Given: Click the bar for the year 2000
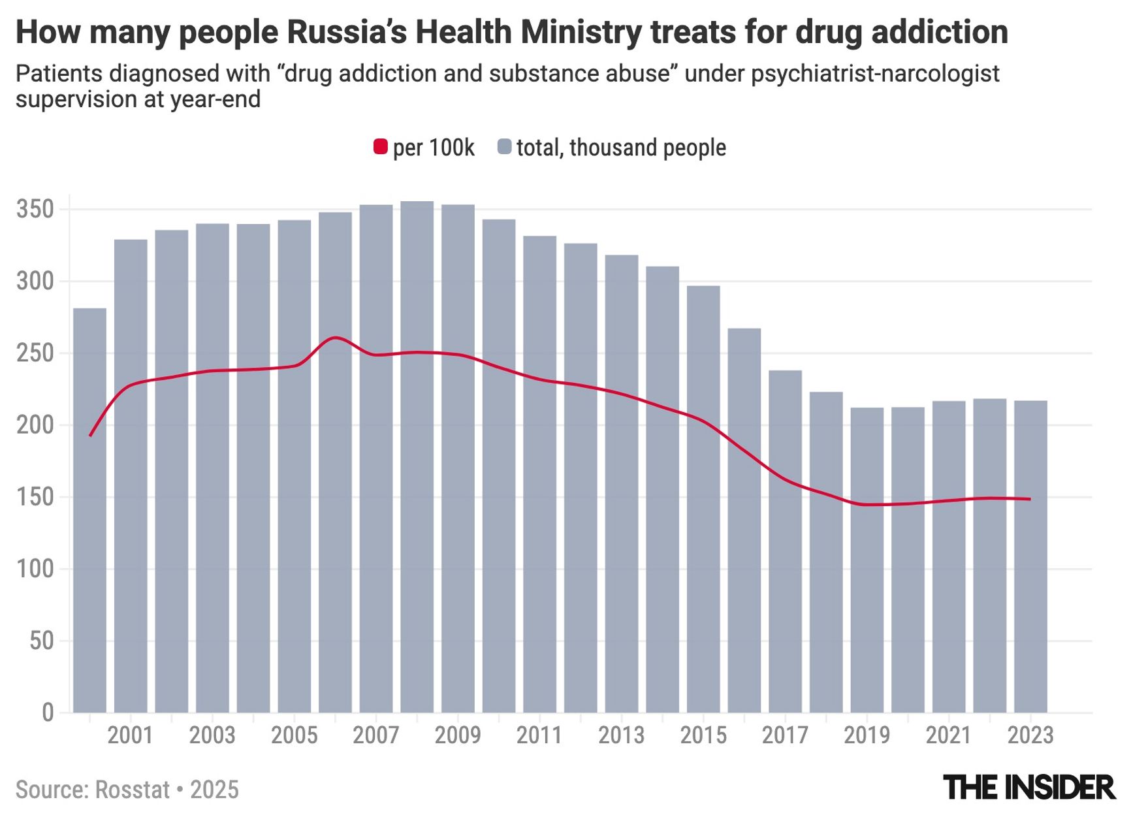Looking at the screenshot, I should (89, 509).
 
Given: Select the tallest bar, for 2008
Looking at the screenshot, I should (417, 457).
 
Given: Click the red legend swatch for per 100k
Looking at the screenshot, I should (380, 147).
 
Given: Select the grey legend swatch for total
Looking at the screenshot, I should (504, 147).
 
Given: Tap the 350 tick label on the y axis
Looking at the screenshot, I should (35, 210).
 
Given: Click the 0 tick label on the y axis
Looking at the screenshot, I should (48, 712).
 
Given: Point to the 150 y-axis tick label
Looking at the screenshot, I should (35, 497).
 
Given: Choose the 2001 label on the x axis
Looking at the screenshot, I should (130, 735).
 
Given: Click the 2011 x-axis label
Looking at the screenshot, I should (539, 735).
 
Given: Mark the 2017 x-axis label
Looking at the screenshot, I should (785, 735).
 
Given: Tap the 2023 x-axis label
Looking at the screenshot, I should (1030, 735).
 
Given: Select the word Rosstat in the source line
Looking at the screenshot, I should (133, 790).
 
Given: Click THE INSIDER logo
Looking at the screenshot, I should (1029, 787).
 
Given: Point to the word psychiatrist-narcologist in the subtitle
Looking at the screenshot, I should (875, 74).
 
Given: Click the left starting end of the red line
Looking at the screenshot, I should (90, 436).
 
